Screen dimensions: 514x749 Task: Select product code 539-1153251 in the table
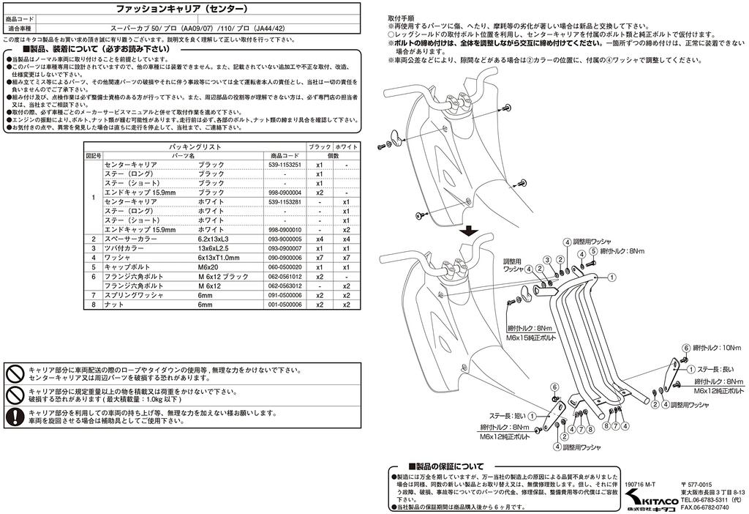[285, 165]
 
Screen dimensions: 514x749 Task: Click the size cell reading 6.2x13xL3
[213, 239]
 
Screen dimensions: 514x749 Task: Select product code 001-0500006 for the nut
[285, 304]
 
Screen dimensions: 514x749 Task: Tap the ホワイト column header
[346, 147]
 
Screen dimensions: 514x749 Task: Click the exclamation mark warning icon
[15, 417]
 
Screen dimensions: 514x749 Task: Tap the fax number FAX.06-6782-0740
[704, 507]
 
